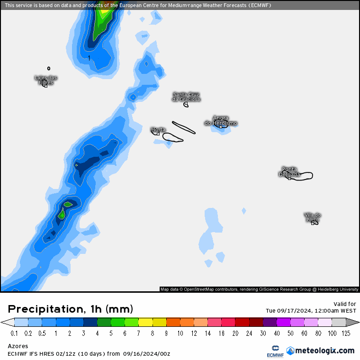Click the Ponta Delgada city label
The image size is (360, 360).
point(289,171)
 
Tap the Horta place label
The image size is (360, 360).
point(158,129)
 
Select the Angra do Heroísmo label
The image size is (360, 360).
point(221,120)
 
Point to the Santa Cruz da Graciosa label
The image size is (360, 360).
point(186,97)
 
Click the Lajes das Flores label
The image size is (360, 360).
point(46,80)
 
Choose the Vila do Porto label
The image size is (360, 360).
point(313,217)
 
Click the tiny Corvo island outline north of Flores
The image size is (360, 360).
point(49,68)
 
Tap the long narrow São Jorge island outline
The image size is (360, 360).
point(184,127)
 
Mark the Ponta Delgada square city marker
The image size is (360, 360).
point(289,179)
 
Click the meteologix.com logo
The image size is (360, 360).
point(320,351)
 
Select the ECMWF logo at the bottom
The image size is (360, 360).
point(275,351)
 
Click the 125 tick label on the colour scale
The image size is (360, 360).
point(346,333)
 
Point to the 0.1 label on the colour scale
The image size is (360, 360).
point(14,333)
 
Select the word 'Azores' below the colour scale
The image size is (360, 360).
point(18,346)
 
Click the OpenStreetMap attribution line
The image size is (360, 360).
point(259,289)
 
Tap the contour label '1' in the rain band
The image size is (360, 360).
point(89,58)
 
